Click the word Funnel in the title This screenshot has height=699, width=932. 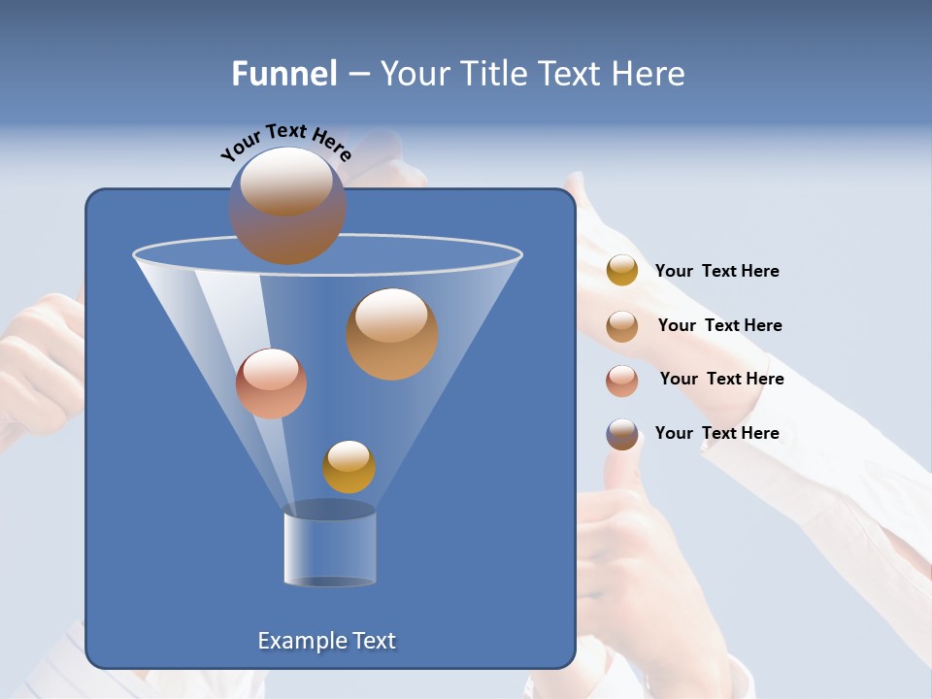point(283,74)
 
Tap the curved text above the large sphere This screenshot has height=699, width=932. point(286,142)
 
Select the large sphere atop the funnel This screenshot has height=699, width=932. point(287,206)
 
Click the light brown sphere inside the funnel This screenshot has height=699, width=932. point(392,334)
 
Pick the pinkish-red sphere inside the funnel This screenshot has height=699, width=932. point(271,383)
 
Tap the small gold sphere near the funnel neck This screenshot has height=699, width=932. point(349,467)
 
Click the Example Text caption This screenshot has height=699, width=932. point(326,641)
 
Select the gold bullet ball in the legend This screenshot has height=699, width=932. point(622,271)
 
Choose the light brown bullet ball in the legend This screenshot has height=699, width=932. point(622,326)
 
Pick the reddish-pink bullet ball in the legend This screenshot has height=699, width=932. point(622,381)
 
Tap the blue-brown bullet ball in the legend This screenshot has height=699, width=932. point(622,434)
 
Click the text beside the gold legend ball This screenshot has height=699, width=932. point(716,271)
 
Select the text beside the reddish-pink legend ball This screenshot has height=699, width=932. point(721,379)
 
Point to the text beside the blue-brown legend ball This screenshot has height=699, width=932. point(716,433)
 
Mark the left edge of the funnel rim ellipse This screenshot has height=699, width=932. point(135,255)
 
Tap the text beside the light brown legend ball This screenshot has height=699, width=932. point(719,325)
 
